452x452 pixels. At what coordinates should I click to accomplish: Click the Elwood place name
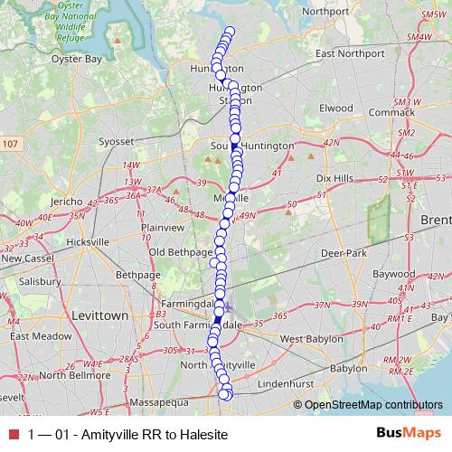click(x=335, y=108)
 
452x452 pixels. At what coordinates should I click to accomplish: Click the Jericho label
click(x=69, y=200)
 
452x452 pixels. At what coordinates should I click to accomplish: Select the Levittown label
click(x=95, y=315)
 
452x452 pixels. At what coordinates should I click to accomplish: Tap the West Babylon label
click(x=313, y=339)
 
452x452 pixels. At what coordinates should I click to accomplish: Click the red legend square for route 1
click(x=13, y=435)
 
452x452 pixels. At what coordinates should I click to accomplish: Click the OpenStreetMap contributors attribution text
click(x=373, y=405)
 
